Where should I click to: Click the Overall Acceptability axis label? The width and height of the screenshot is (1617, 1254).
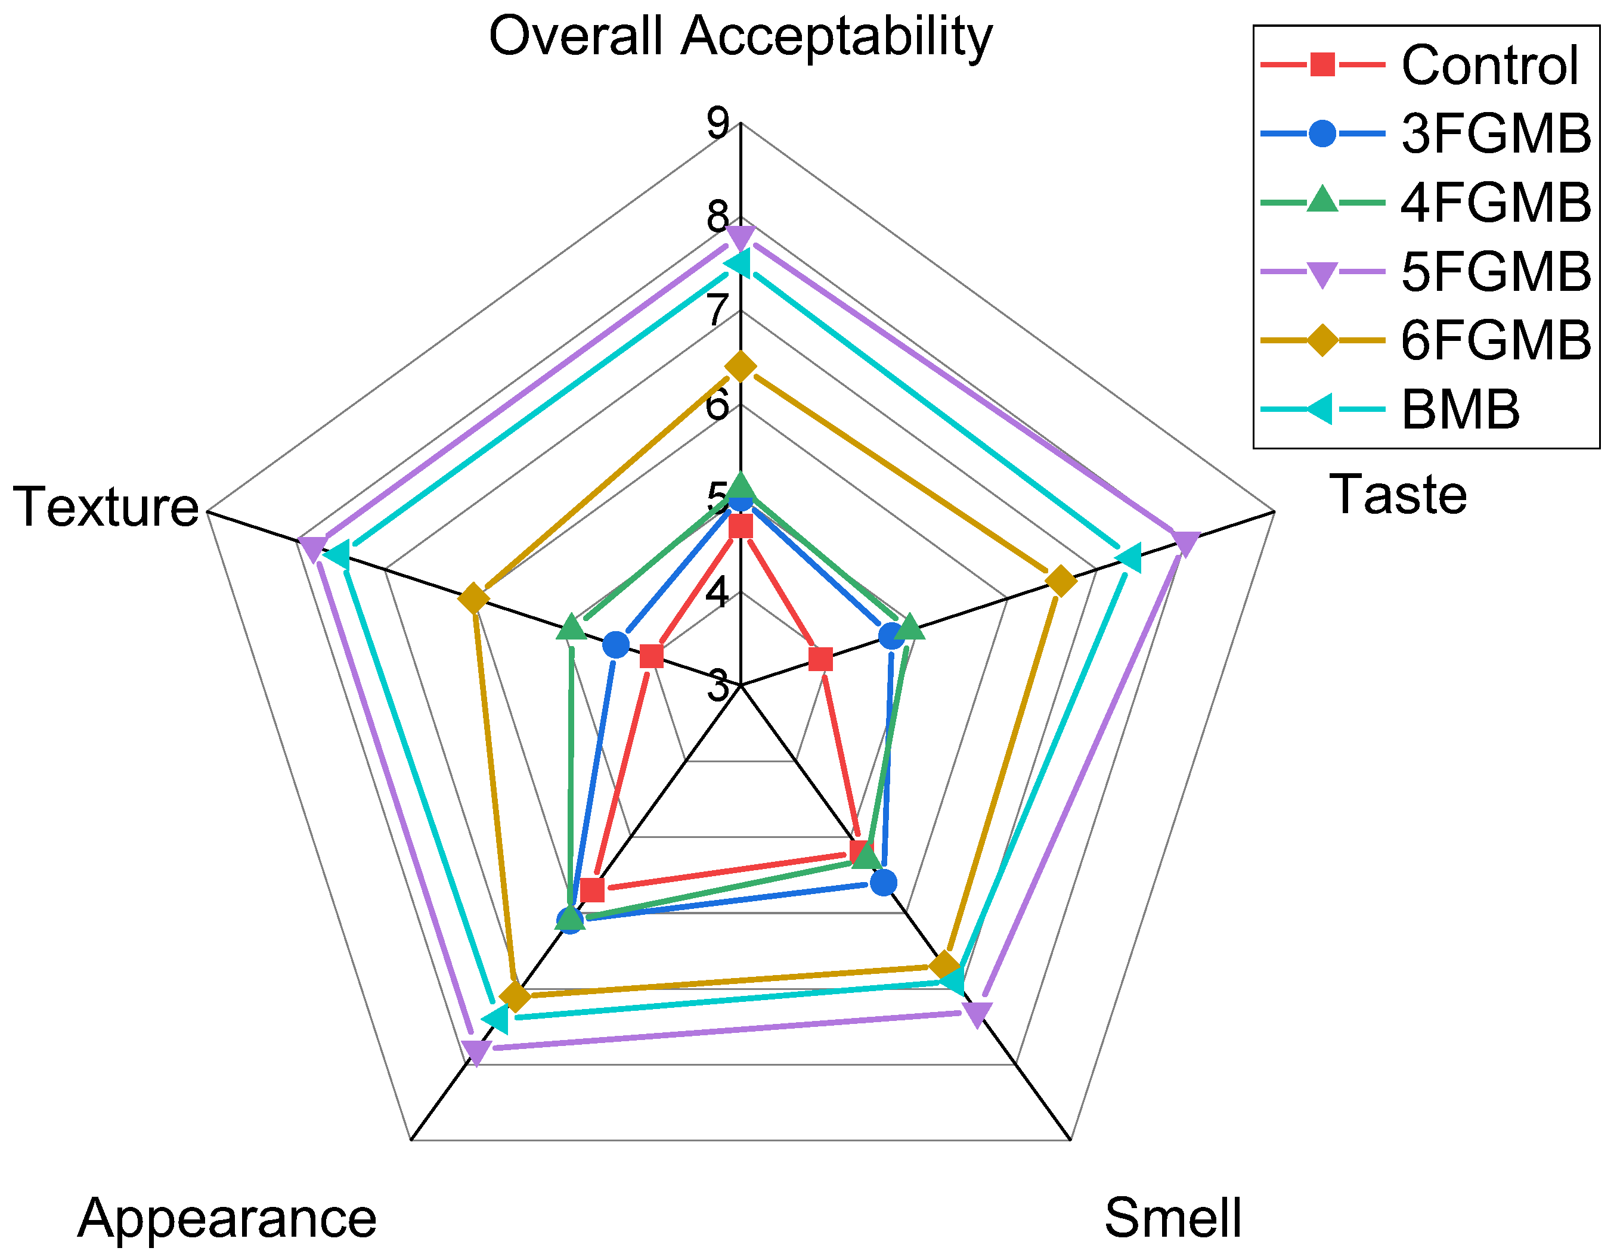(740, 37)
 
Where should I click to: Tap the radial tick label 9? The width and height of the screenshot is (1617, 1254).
(717, 123)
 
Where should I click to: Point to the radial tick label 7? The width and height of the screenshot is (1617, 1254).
(717, 311)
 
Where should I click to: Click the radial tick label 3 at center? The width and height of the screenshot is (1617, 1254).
(717, 686)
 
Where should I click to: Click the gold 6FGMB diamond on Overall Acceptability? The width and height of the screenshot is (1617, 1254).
(741, 366)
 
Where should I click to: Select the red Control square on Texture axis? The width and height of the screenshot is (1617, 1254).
(651, 656)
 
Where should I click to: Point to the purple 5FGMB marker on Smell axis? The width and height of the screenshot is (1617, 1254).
(977, 1014)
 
